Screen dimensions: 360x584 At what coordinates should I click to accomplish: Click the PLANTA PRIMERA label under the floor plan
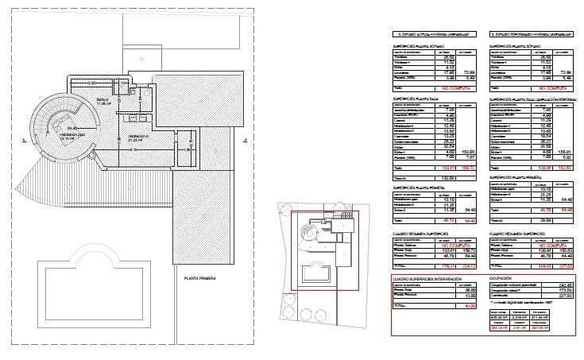click(199, 278)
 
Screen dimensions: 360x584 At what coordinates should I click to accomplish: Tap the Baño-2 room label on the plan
click(103, 100)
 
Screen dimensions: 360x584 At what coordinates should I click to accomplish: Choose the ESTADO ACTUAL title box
click(434, 35)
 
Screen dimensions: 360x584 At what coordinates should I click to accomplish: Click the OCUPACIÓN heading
click(503, 279)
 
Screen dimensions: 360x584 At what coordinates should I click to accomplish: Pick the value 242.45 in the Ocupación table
click(566, 285)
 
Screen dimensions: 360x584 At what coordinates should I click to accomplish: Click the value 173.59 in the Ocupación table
click(566, 292)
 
